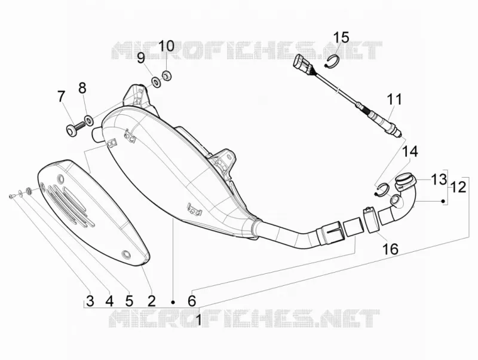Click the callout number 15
point(341,38)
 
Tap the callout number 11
point(395,100)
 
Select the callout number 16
point(390,249)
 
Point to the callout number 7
point(61,96)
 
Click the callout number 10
point(167,46)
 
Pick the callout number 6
point(191,301)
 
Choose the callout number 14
point(410,152)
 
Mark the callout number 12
point(458,187)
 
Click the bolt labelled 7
point(74,129)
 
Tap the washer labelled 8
point(88,120)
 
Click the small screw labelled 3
point(11,196)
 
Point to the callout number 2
point(152,301)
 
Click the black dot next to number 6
point(173,302)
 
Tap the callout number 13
point(439,179)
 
